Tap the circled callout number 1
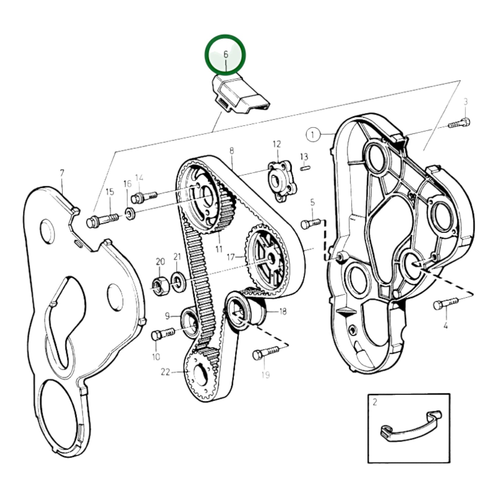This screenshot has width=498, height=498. point(313,135)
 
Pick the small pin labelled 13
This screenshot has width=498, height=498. point(305,168)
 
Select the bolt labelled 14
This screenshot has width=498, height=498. point(144,197)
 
